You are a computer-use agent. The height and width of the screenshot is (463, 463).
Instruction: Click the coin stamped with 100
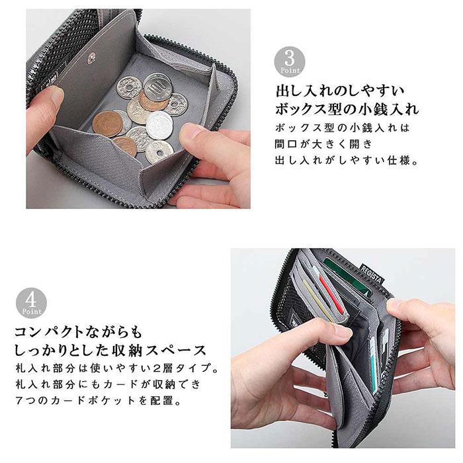click(x=157, y=88)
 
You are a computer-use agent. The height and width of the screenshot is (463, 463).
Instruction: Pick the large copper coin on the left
click(x=107, y=124)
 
